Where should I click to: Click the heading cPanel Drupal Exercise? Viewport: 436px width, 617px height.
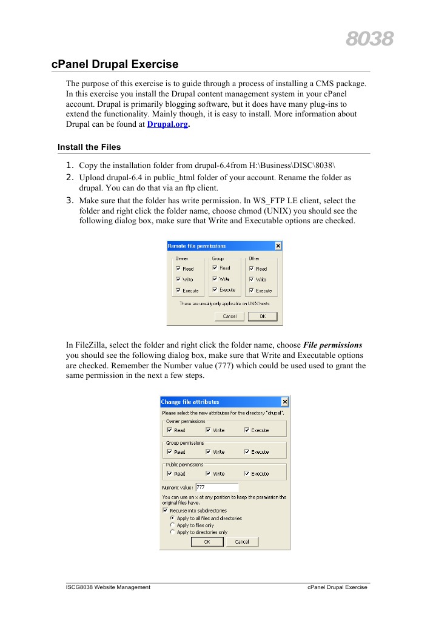pyautogui.click(x=115, y=64)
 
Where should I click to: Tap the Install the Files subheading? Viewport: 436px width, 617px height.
pyautogui.click(x=89, y=147)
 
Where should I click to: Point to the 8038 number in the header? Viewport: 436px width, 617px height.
pyautogui.click(x=369, y=39)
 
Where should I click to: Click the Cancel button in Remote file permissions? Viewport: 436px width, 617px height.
pyautogui.click(x=229, y=316)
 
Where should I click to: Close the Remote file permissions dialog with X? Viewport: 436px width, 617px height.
pyautogui.click(x=278, y=246)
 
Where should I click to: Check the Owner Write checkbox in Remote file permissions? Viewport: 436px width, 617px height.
pyautogui.click(x=178, y=279)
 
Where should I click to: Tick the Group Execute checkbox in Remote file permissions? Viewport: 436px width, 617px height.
pyautogui.click(x=215, y=290)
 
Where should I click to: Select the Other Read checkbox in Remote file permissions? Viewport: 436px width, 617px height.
pyautogui.click(x=251, y=268)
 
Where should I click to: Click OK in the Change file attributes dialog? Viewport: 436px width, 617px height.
pyautogui.click(x=207, y=542)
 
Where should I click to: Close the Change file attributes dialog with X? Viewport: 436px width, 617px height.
pyautogui.click(x=284, y=402)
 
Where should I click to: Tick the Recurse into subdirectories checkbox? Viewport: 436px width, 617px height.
pyautogui.click(x=165, y=510)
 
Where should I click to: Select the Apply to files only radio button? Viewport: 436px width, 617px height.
pyautogui.click(x=172, y=525)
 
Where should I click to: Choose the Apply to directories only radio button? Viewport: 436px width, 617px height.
pyautogui.click(x=172, y=532)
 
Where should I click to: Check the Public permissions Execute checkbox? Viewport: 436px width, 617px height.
pyautogui.click(x=247, y=474)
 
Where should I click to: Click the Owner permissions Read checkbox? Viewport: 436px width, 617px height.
pyautogui.click(x=169, y=430)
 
